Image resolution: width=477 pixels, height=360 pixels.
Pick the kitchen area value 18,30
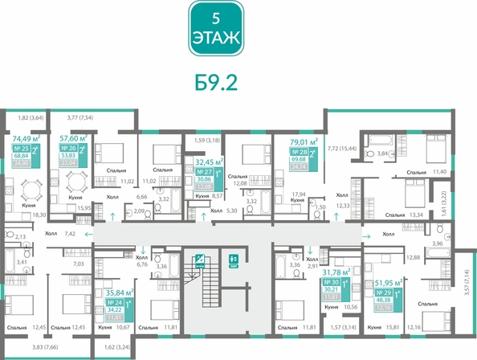coord(38,216)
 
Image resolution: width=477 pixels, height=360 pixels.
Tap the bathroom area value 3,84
coord(382,153)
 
